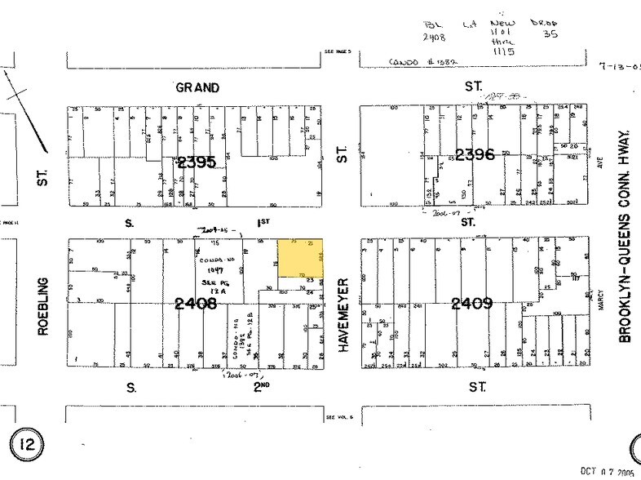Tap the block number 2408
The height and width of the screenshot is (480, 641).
pyautogui.click(x=197, y=304)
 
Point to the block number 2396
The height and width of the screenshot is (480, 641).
pyautogui.click(x=475, y=153)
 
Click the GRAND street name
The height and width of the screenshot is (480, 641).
pyautogui.click(x=198, y=87)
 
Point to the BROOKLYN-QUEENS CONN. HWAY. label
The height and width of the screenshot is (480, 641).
pyautogui.click(x=627, y=236)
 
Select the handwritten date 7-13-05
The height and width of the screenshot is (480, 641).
pyautogui.click(x=618, y=68)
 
